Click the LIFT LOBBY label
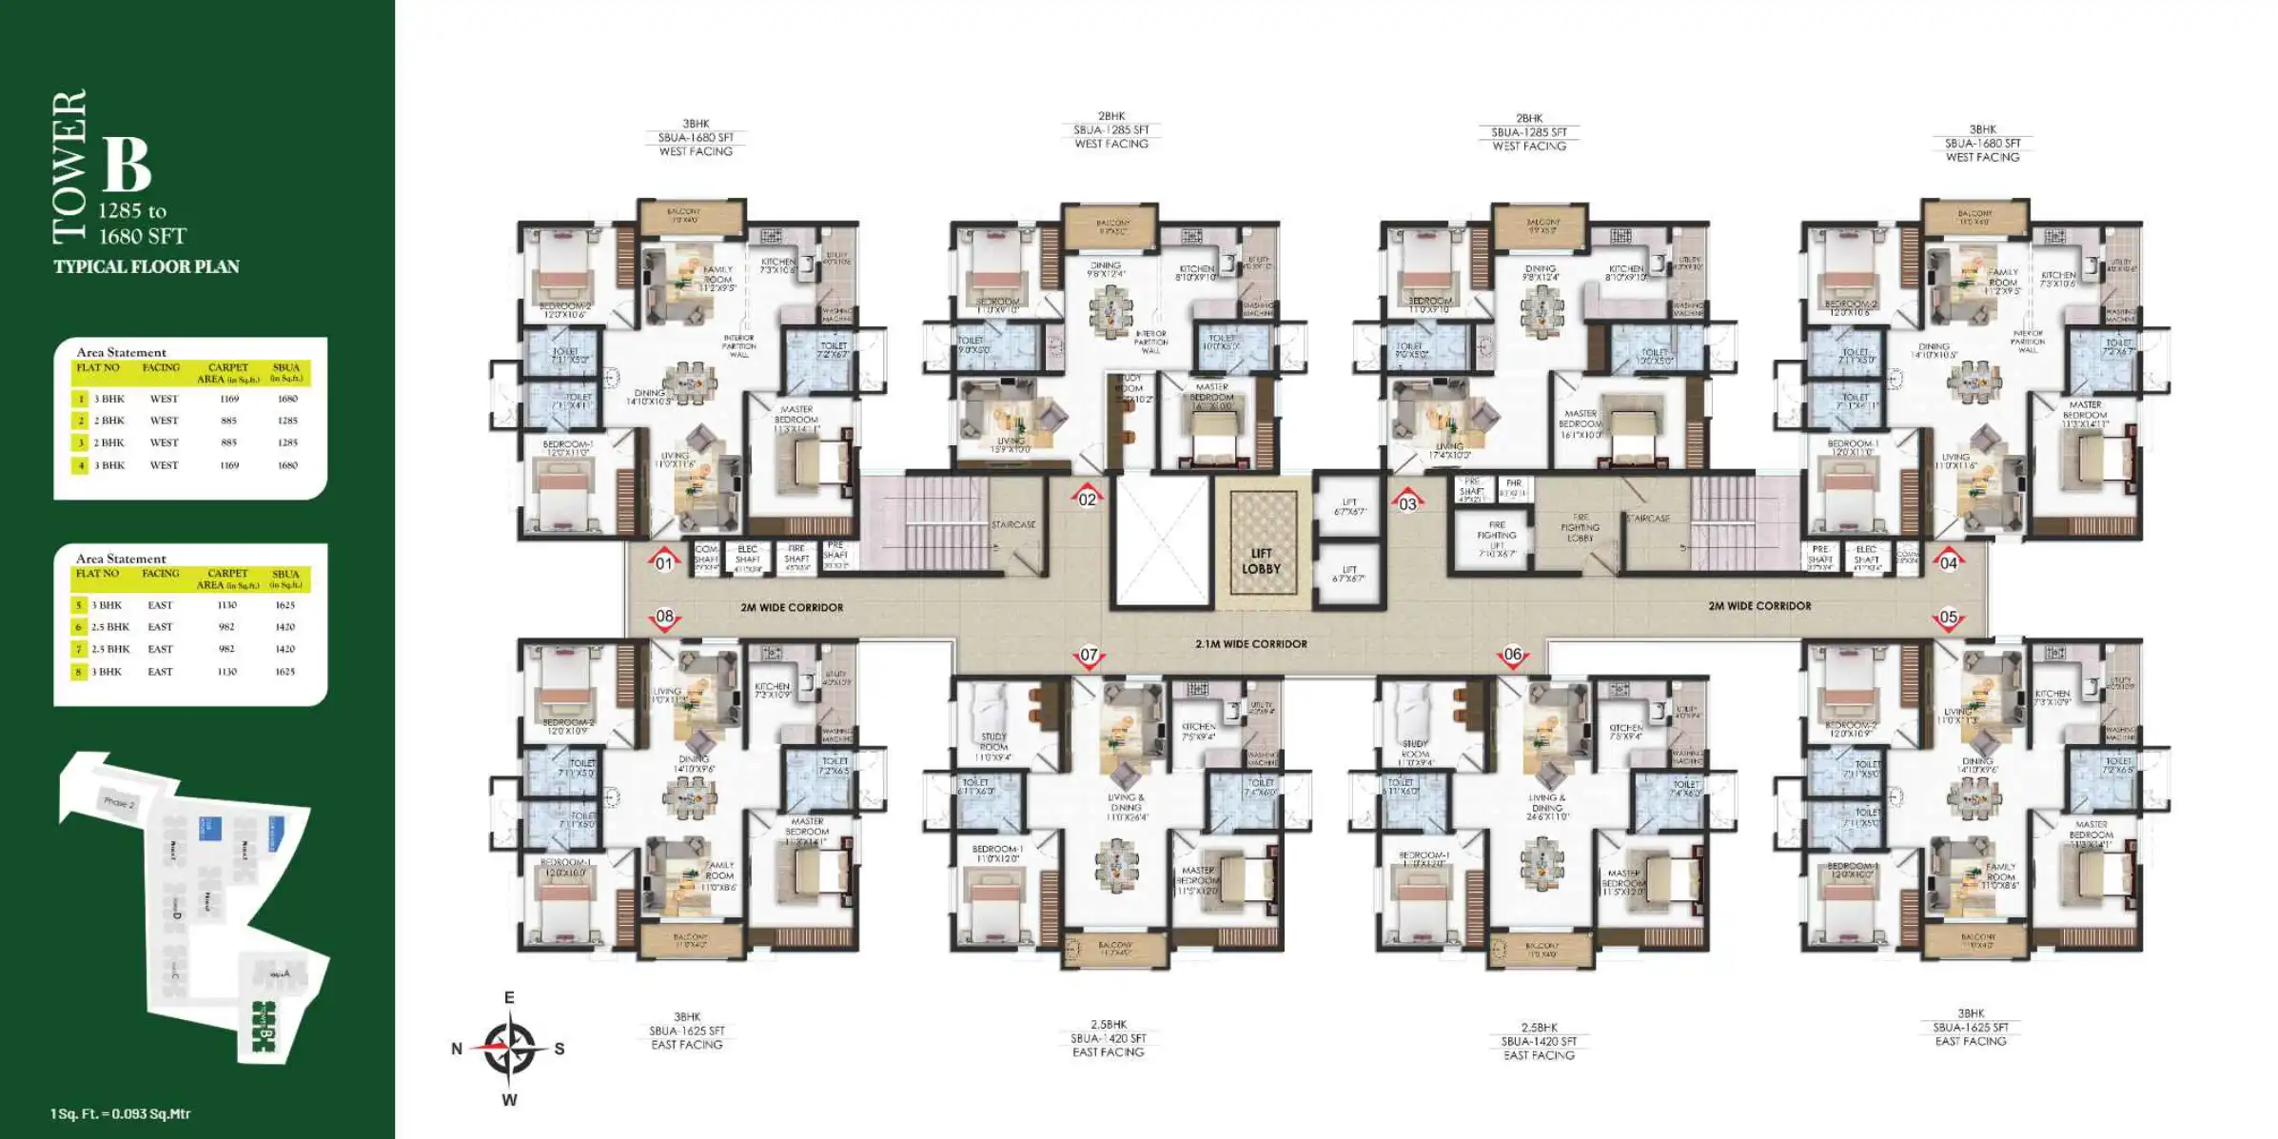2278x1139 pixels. [x=1261, y=560]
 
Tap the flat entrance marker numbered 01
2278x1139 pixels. [x=664, y=562]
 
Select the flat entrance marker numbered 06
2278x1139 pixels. [x=1513, y=655]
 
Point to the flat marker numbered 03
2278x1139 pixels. [x=1407, y=503]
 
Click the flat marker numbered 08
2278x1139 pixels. [x=664, y=617]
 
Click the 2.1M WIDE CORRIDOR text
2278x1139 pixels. [x=1250, y=644]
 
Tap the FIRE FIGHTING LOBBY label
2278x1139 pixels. [x=1580, y=528]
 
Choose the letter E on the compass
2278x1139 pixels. [x=509, y=997]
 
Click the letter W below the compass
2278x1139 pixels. [x=509, y=1100]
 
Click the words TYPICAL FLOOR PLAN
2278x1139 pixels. [x=147, y=266]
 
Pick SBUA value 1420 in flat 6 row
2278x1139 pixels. [x=285, y=627]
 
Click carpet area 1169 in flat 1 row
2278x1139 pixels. [x=229, y=399]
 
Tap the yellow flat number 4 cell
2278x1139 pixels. [x=81, y=465]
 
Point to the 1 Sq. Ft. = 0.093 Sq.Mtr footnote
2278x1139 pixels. [x=120, y=1113]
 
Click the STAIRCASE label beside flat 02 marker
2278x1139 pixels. [x=1012, y=524]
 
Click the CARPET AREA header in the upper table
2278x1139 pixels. [x=227, y=373]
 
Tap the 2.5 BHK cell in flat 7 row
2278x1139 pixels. [x=110, y=649]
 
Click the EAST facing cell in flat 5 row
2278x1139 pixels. [x=160, y=605]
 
